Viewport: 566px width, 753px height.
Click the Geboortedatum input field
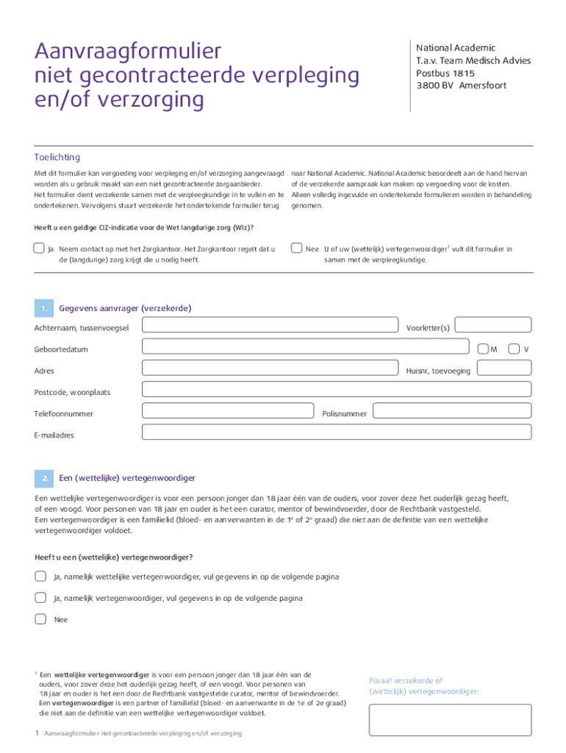coord(305,347)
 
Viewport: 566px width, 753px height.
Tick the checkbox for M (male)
coord(482,348)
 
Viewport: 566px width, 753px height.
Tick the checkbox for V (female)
coord(514,348)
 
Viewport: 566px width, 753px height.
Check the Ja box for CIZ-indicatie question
coord(39,248)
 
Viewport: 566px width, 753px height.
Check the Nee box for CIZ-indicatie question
coord(296,248)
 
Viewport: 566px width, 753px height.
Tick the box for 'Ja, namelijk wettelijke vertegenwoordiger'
coord(40,576)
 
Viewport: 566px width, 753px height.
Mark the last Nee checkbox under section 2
coord(40,618)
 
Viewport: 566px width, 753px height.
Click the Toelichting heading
coord(57,157)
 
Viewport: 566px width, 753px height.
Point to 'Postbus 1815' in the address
coord(445,74)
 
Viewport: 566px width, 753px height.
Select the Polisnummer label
coord(344,414)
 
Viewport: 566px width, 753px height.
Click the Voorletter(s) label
coord(427,327)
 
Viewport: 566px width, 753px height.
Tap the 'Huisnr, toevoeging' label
coord(437,371)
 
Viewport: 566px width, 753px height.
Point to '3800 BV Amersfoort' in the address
coord(461,86)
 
